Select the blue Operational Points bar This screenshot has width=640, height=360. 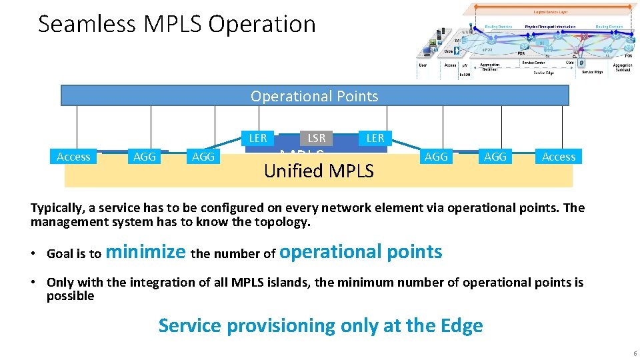(x=315, y=96)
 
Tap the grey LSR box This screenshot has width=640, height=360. (x=317, y=138)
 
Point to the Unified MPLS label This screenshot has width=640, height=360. (x=319, y=171)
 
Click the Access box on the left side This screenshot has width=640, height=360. (x=73, y=157)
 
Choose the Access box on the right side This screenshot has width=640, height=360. (x=559, y=157)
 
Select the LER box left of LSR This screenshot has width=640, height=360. (x=257, y=138)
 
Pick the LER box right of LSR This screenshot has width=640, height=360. (x=375, y=138)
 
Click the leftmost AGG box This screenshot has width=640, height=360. (x=145, y=157)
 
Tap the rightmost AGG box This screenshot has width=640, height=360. (x=495, y=157)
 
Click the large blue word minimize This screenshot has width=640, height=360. (x=146, y=251)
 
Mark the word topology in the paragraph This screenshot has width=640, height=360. (x=287, y=222)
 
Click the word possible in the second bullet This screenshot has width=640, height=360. (x=71, y=295)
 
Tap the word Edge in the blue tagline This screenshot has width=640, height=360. (x=462, y=325)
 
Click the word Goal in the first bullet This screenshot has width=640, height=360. (x=59, y=253)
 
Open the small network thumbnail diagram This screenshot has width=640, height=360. (x=524, y=39)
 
